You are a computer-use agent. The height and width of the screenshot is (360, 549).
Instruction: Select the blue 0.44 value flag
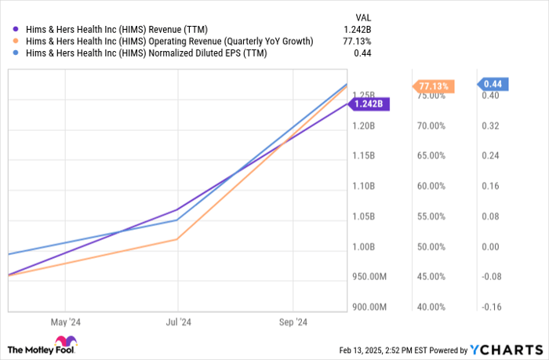(x=495, y=84)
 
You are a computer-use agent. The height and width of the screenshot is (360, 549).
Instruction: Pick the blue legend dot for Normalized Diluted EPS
(x=11, y=53)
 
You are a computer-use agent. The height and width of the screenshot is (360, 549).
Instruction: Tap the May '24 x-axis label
(x=65, y=322)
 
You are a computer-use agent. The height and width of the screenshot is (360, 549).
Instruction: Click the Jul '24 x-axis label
(x=179, y=322)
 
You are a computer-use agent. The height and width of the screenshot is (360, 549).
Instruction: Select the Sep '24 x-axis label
(x=293, y=322)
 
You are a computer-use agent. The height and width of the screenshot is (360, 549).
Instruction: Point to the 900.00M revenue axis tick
(x=369, y=307)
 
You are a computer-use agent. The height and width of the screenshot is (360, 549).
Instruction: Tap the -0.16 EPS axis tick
(x=491, y=307)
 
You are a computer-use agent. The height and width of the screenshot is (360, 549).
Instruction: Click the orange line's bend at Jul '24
(x=178, y=239)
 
